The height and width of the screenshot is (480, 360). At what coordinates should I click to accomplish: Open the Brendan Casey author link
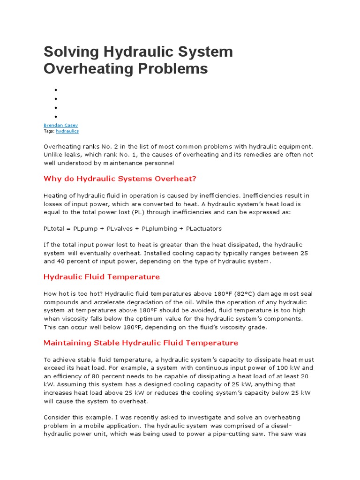click(x=60, y=125)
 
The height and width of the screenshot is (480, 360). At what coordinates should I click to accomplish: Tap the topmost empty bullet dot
click(x=55, y=90)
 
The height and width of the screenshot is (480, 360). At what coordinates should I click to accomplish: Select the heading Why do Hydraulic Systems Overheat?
click(x=120, y=179)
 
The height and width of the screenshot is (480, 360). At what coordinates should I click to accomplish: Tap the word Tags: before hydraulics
click(x=49, y=132)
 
